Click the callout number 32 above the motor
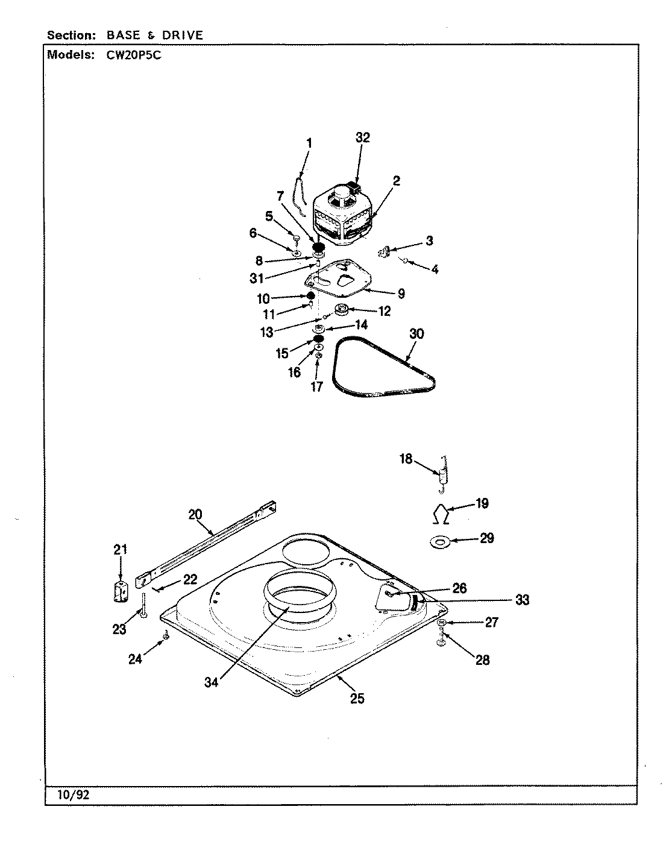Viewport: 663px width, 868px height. click(362, 137)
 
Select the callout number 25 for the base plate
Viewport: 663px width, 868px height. click(357, 699)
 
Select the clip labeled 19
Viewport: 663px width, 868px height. click(442, 514)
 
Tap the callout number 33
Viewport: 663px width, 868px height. click(521, 600)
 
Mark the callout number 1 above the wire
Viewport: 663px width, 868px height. click(309, 143)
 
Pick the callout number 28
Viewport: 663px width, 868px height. click(482, 660)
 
